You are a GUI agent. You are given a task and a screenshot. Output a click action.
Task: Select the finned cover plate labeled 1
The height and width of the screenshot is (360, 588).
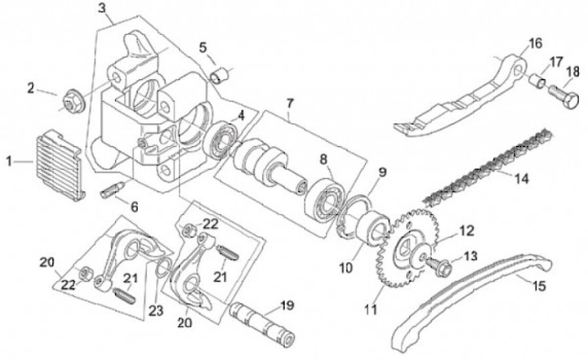pos(60,165)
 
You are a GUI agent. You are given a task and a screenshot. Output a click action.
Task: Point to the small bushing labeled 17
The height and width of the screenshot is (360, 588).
pos(537,81)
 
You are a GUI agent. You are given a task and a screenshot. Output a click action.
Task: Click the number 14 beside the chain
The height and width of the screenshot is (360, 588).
pos(521,178)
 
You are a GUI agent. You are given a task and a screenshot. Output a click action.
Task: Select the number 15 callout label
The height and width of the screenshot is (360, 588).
pos(538,287)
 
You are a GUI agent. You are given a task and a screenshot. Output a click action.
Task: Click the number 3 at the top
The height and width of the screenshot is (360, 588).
pos(102,8)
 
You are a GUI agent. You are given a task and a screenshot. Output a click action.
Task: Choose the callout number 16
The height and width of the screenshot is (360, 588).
pos(535,43)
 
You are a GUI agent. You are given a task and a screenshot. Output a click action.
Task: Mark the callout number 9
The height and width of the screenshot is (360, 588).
pos(381,172)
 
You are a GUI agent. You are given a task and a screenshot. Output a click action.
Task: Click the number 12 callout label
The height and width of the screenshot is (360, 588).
pos(466,231)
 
